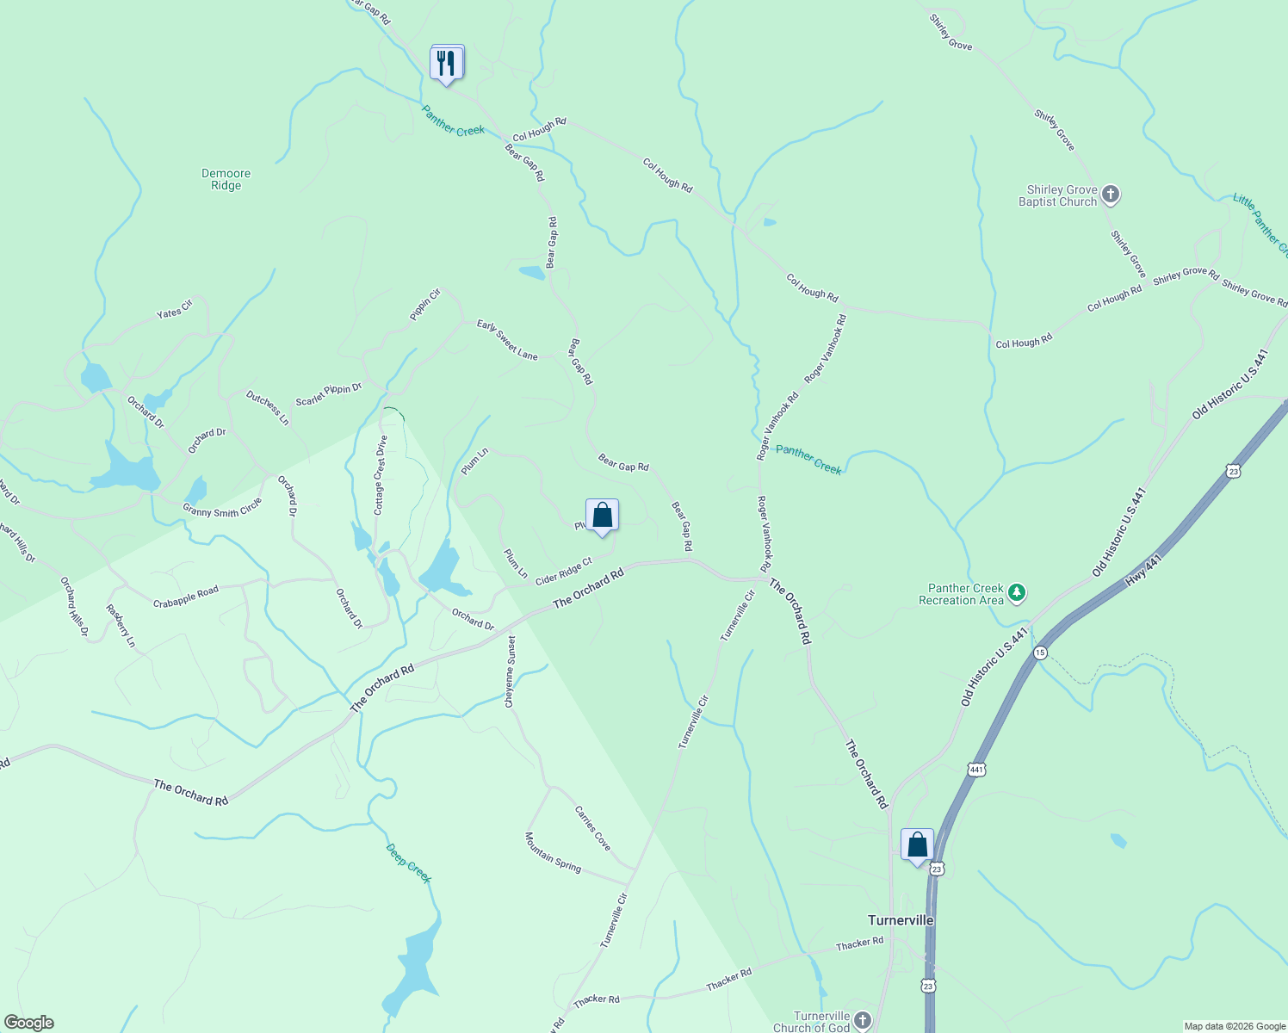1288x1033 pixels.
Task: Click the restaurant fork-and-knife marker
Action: click(x=446, y=63)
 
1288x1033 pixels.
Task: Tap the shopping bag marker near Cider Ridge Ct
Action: click(x=602, y=516)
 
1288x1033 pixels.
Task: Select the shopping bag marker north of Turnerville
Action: click(x=917, y=844)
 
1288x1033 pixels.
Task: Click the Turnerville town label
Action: click(x=901, y=920)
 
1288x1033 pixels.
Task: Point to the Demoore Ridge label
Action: click(x=226, y=179)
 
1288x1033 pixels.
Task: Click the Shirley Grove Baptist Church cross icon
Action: click(x=1111, y=195)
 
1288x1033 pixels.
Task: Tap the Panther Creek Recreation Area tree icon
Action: click(x=1017, y=592)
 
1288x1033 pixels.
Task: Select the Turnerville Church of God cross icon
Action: click(x=863, y=1021)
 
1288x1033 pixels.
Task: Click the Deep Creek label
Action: click(x=408, y=863)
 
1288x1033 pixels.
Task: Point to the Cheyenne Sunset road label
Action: click(x=511, y=671)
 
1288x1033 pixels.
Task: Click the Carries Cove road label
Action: click(x=592, y=828)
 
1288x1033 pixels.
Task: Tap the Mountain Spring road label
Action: click(x=554, y=852)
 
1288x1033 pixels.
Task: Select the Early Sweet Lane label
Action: click(x=507, y=340)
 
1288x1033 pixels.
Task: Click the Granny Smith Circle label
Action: click(x=222, y=509)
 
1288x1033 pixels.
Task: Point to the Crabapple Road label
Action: click(x=186, y=597)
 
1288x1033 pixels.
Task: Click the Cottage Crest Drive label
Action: click(x=380, y=474)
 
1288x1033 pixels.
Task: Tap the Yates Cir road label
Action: click(x=175, y=308)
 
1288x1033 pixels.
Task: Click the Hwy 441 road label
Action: click(x=1144, y=571)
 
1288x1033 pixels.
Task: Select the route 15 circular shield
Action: click(x=1040, y=653)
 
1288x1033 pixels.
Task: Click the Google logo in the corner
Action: click(x=28, y=1023)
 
